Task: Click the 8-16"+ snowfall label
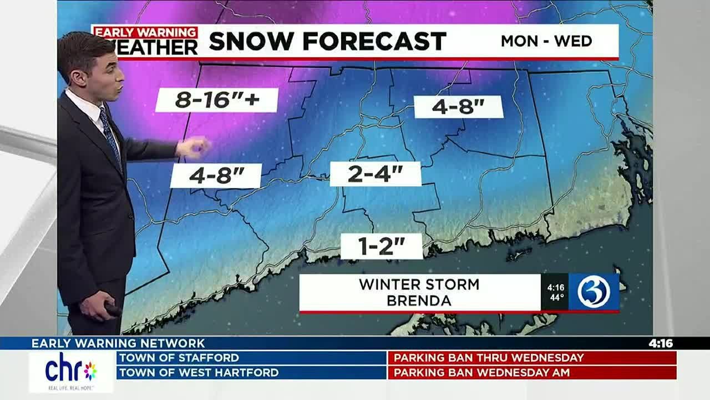tap(217, 100)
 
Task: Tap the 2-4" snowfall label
tap(375, 174)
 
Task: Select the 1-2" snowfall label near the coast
tap(381, 246)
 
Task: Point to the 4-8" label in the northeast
tap(458, 107)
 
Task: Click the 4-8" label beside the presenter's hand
tap(216, 176)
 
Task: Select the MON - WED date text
tap(546, 41)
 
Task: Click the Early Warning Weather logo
tap(146, 41)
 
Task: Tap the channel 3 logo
tap(594, 292)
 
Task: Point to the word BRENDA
tap(419, 301)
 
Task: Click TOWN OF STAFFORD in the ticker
tap(179, 358)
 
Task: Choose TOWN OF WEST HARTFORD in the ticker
tap(199, 373)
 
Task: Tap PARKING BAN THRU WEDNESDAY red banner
tap(489, 358)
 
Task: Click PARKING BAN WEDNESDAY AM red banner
tap(481, 373)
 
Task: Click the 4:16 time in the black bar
tap(661, 343)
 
